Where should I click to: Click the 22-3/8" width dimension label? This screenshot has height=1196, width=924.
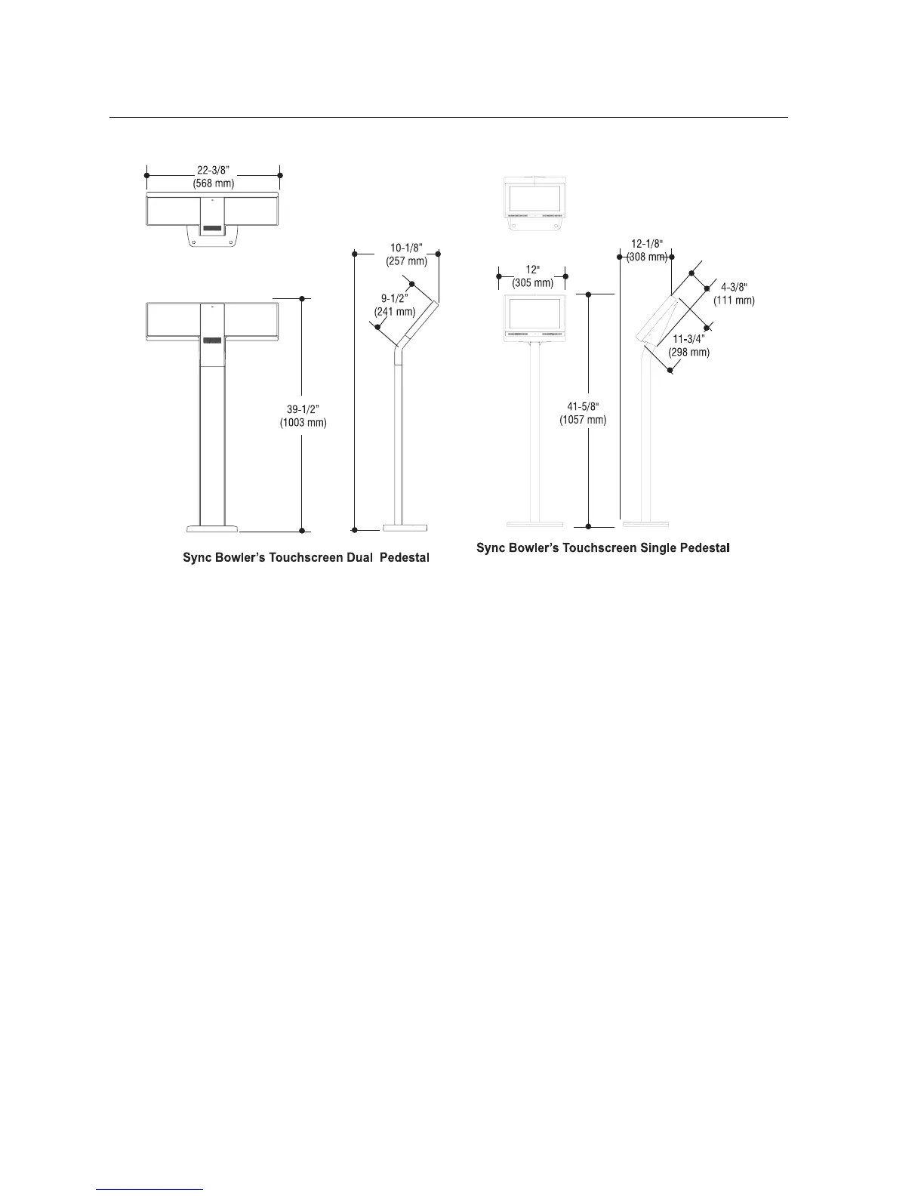tap(213, 171)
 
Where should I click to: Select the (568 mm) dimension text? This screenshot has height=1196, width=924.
tap(213, 183)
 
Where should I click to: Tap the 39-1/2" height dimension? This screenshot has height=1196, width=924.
tap(303, 409)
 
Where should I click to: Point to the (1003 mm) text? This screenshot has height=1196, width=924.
tap(303, 423)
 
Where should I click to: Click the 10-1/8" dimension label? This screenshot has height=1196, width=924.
tap(408, 248)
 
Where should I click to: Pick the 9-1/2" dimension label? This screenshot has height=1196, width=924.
tap(395, 298)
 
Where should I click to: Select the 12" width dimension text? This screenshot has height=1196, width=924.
tap(532, 270)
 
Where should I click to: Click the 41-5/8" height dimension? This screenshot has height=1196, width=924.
tap(583, 407)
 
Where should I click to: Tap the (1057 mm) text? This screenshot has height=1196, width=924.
tap(583, 421)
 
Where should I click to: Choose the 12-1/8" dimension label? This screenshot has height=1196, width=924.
tap(647, 243)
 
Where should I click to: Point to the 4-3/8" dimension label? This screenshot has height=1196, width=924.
tap(734, 288)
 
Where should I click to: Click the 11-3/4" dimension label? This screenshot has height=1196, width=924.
tap(689, 339)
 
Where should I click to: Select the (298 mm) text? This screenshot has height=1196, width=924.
tap(689, 353)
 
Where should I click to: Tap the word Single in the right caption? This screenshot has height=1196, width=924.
tap(661, 548)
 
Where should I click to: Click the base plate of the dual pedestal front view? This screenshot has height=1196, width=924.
tap(212, 527)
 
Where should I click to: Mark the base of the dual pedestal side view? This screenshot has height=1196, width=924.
tap(405, 527)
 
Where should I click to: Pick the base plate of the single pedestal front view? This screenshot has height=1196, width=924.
tap(534, 523)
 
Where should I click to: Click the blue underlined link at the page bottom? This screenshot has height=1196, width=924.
tap(150, 1189)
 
